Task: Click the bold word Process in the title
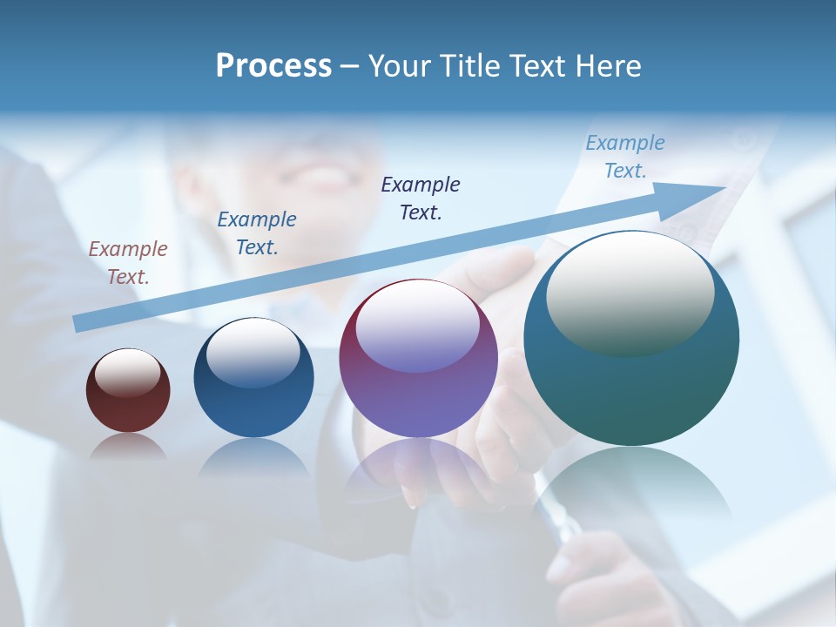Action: (273, 65)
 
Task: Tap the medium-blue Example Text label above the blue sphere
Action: (257, 233)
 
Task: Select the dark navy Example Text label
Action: (421, 198)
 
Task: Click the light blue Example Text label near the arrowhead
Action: (625, 157)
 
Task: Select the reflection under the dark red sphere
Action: (127, 447)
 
